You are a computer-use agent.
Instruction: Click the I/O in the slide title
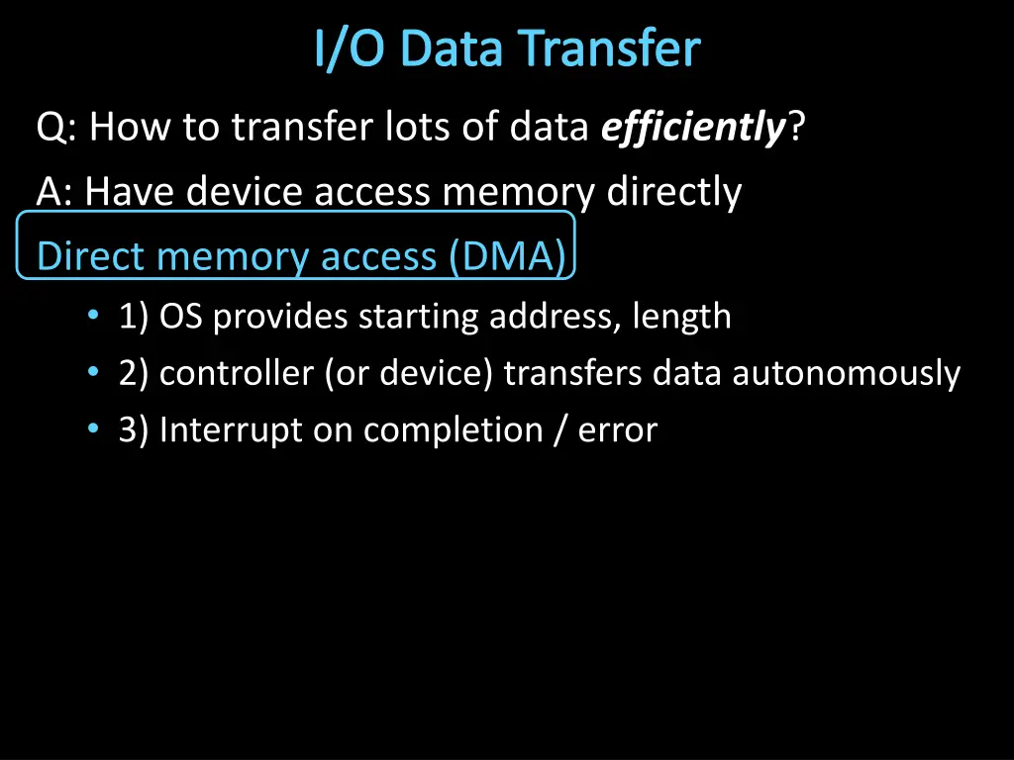[349, 49]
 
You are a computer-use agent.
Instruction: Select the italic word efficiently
[693, 128]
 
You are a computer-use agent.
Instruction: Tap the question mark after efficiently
[796, 128]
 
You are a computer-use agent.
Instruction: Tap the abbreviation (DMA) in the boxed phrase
[508, 256]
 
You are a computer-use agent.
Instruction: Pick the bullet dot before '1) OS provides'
[93, 316]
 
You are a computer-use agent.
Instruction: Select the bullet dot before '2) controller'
[93, 373]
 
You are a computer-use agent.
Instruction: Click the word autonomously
[847, 374]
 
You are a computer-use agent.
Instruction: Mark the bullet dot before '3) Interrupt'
[93, 429]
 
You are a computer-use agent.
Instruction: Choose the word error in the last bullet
[617, 430]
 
